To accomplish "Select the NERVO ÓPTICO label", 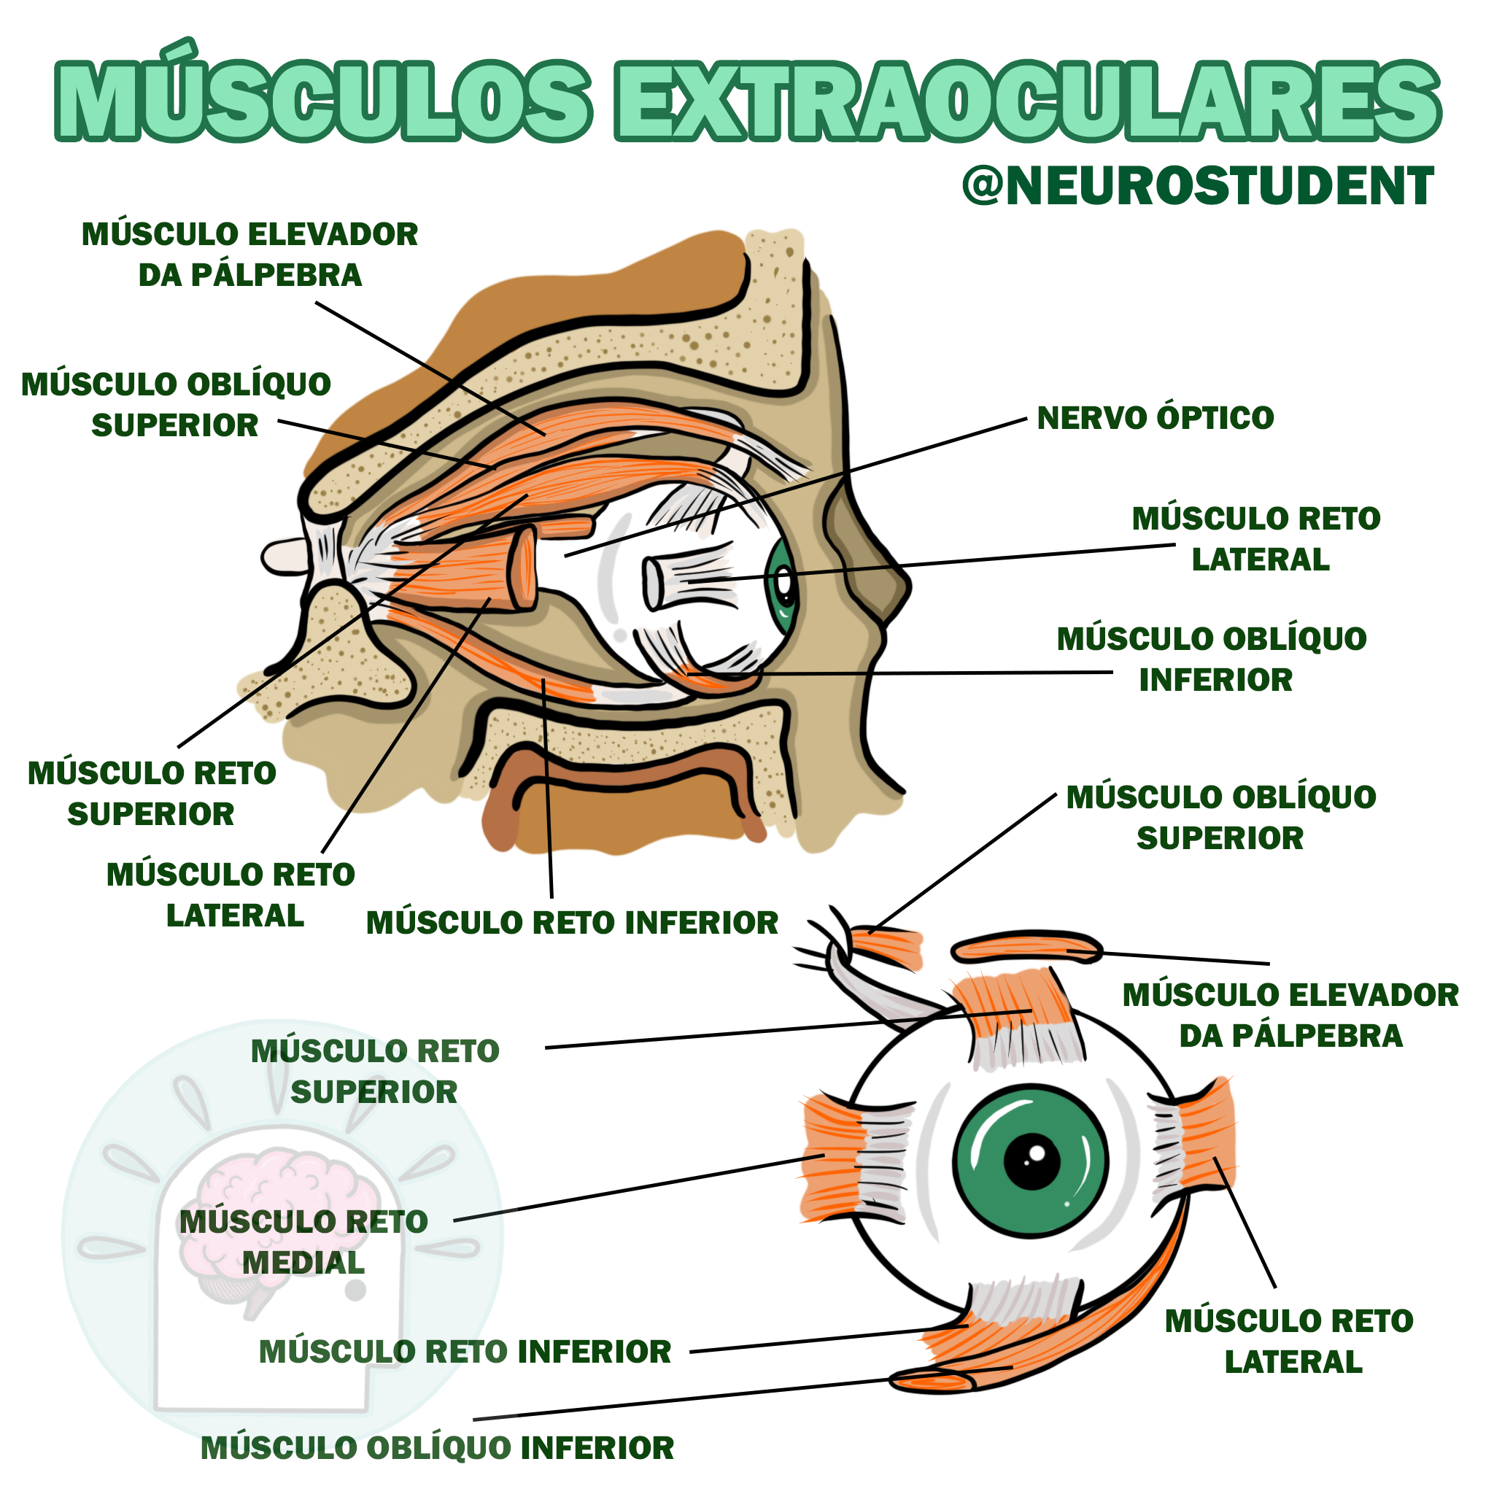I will [x=1155, y=418].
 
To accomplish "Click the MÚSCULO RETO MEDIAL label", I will [x=304, y=1242].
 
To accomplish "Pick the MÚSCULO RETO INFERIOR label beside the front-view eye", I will [x=465, y=1352].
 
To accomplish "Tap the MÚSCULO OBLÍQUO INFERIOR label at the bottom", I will [x=437, y=1448].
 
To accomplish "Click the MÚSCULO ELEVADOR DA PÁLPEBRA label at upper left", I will [x=249, y=255].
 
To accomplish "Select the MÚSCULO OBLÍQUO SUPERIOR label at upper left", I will [x=176, y=404].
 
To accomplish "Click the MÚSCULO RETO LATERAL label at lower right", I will [x=1289, y=1342].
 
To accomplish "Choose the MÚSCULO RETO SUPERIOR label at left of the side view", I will [x=152, y=794].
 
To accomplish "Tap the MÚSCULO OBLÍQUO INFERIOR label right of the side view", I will [x=1212, y=659].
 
